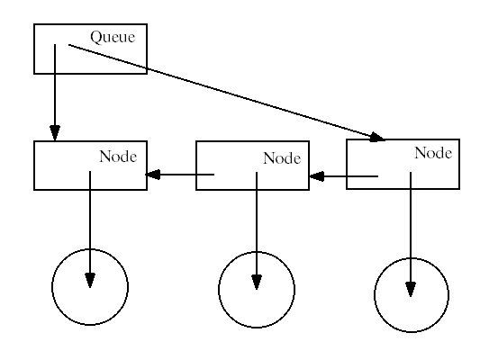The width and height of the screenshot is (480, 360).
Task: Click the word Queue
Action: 113,37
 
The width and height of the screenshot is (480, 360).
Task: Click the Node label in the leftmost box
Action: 118,157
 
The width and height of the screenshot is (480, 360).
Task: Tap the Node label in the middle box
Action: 282,158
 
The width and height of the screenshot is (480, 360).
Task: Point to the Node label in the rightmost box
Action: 433,153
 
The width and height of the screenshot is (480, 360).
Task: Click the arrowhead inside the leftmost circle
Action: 90,281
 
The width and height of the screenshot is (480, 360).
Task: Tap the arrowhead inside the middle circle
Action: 257,282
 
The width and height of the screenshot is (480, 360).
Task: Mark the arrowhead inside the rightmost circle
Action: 411,289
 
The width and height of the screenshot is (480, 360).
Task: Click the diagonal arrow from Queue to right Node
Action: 227,93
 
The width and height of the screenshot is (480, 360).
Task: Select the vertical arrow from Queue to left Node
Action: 55,93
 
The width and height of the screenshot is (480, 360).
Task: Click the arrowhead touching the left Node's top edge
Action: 55,133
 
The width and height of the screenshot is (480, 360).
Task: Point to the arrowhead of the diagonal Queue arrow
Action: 377,138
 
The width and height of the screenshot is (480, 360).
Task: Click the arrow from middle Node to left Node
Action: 180,175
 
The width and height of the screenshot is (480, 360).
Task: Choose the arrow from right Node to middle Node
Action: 344,176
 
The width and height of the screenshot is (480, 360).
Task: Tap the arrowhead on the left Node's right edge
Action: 153,175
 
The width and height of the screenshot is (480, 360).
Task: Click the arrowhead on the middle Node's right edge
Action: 317,176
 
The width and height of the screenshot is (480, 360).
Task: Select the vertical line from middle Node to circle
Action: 257,231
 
